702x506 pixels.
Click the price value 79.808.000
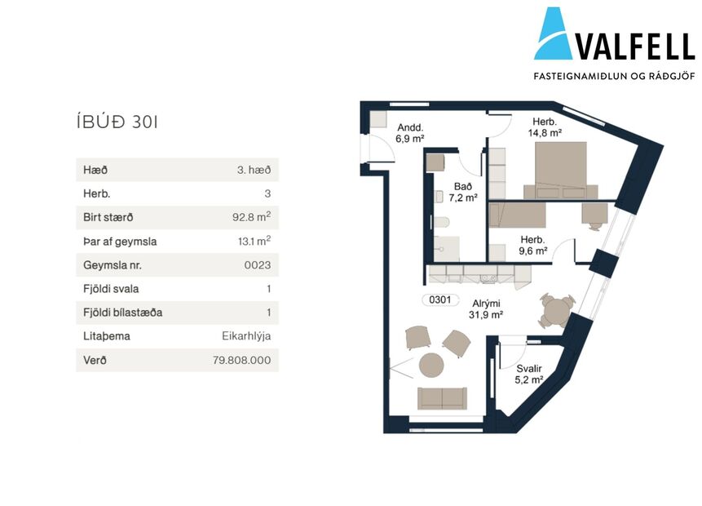242,360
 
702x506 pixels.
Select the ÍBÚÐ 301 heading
117,122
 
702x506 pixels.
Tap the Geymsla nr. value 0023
258,265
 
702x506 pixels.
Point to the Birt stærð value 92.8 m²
252,216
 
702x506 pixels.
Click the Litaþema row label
107,336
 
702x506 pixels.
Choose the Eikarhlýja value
246,336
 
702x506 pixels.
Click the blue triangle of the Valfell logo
553,35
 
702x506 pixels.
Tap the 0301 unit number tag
440,300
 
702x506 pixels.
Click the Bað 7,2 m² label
463,192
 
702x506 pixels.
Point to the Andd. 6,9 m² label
409,133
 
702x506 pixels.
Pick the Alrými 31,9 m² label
486,309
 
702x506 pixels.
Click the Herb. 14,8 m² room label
545,127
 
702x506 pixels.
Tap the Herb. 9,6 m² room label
532,245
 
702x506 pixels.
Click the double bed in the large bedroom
560,171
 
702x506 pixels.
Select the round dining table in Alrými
557,311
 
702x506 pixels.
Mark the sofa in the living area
442,398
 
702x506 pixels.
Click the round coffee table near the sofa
431,365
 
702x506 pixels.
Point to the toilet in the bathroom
440,223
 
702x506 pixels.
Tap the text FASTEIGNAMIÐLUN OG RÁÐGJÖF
614,76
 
